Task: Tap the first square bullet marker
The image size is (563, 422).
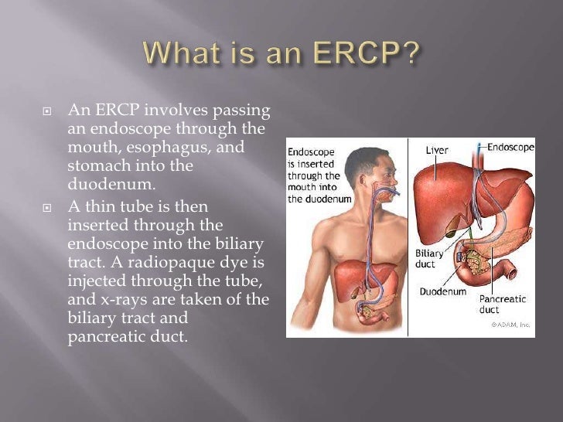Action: pos(46,112)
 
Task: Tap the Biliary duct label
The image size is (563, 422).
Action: pos(432,258)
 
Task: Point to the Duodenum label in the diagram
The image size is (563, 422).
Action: pos(444,292)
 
